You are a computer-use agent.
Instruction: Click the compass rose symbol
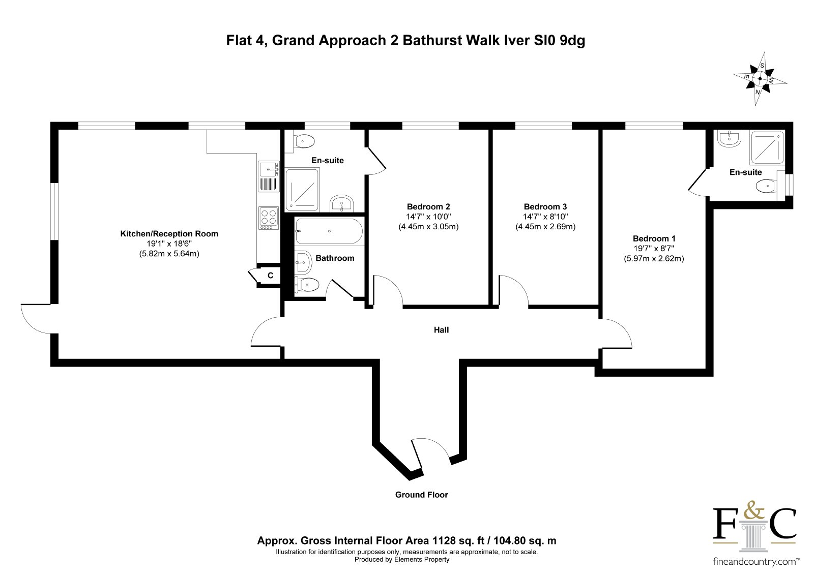[760, 79]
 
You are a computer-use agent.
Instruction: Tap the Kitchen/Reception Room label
[169, 233]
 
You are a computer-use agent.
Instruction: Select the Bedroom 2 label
[428, 207]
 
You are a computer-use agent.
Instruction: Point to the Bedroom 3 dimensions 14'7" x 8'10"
[545, 217]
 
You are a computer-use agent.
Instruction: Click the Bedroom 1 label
[654, 238]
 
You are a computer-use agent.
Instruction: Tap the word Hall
[442, 330]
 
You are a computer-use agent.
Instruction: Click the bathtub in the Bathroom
[329, 231]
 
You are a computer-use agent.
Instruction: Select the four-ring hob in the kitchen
[269, 218]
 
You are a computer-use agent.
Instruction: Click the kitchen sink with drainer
[269, 176]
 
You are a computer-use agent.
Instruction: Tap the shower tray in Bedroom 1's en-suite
[767, 147]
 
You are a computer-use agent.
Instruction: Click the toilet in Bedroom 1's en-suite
[766, 187]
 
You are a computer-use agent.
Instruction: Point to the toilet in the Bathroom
[306, 284]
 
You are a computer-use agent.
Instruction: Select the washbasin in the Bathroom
[303, 262]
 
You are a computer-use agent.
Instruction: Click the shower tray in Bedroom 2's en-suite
[302, 190]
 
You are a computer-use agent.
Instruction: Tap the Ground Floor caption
[422, 495]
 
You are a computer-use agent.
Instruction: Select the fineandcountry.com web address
[756, 562]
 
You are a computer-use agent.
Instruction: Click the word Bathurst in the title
[432, 40]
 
